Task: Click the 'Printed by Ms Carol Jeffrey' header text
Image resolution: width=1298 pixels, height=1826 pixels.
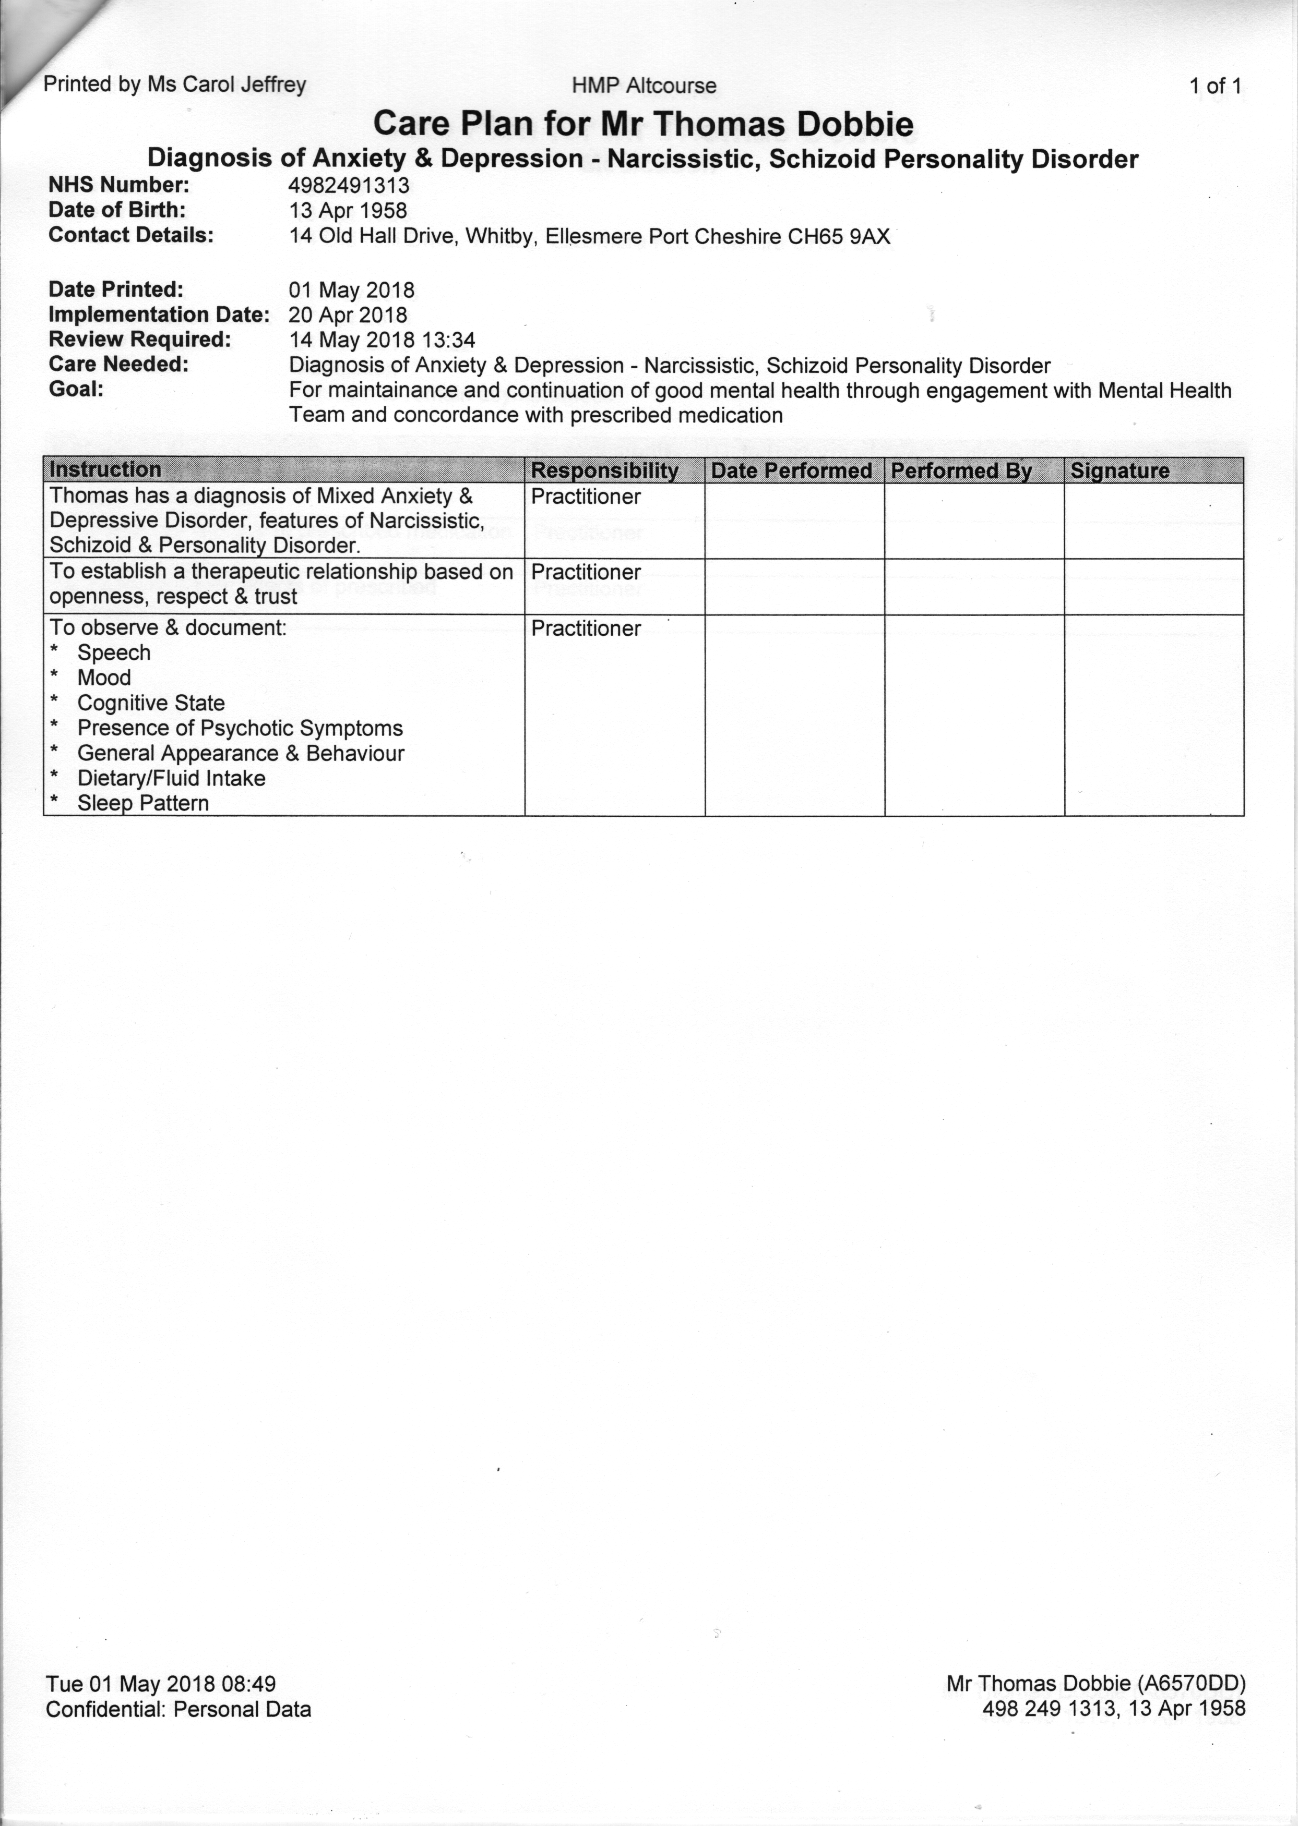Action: (x=174, y=84)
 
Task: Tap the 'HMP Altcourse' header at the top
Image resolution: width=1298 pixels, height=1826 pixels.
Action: (x=644, y=86)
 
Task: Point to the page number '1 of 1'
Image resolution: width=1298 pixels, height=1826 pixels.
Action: (x=1215, y=86)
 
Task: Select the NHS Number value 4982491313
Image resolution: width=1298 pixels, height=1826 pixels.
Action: (x=349, y=185)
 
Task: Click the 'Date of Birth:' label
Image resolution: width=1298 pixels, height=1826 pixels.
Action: (x=117, y=210)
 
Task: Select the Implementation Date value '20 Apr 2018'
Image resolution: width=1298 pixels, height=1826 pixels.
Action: (x=348, y=315)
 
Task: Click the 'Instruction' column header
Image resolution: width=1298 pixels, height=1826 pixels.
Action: (x=105, y=470)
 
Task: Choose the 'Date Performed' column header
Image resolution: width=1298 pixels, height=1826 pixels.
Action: (x=791, y=470)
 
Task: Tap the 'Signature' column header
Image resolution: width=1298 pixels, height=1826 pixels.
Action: (x=1120, y=470)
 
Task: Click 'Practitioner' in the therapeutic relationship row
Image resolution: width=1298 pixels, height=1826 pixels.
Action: (x=586, y=573)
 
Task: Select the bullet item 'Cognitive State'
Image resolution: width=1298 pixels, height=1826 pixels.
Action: (x=151, y=703)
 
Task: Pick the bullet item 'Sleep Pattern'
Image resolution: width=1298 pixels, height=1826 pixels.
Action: (x=143, y=804)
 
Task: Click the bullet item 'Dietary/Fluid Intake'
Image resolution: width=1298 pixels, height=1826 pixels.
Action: (x=171, y=778)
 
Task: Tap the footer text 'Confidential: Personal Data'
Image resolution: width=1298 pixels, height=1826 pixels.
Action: (x=178, y=1709)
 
